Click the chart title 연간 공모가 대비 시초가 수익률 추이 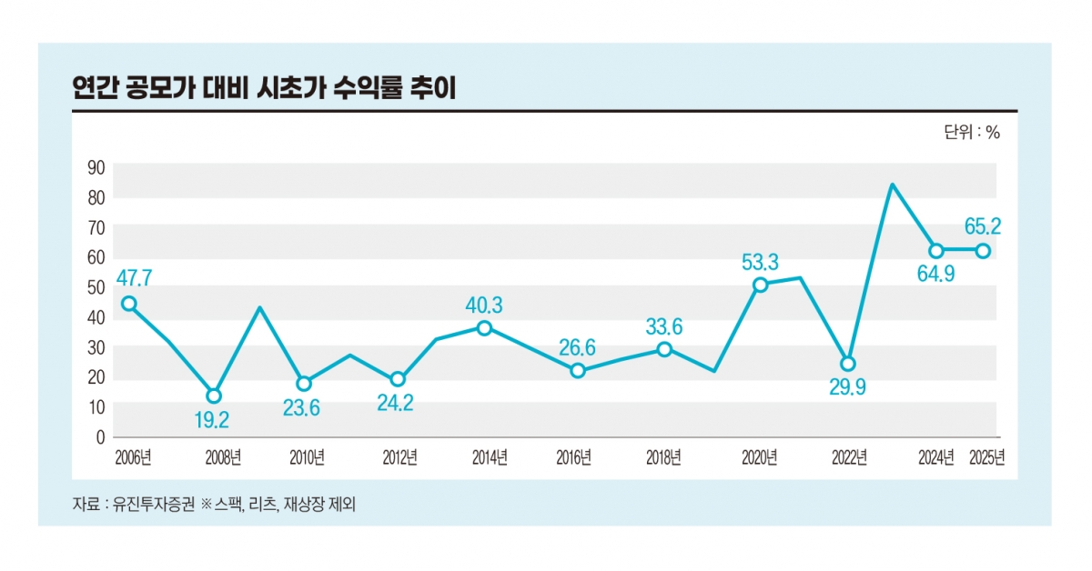click(x=264, y=88)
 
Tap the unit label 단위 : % click(x=971, y=133)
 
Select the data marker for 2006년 click(x=129, y=304)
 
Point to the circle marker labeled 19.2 click(x=214, y=396)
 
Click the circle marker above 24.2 click(x=397, y=379)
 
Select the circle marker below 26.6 click(x=577, y=371)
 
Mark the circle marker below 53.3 click(x=761, y=285)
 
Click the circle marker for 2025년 click(x=983, y=250)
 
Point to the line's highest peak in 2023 click(x=893, y=185)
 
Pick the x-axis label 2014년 click(x=490, y=457)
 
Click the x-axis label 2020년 click(x=759, y=457)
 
